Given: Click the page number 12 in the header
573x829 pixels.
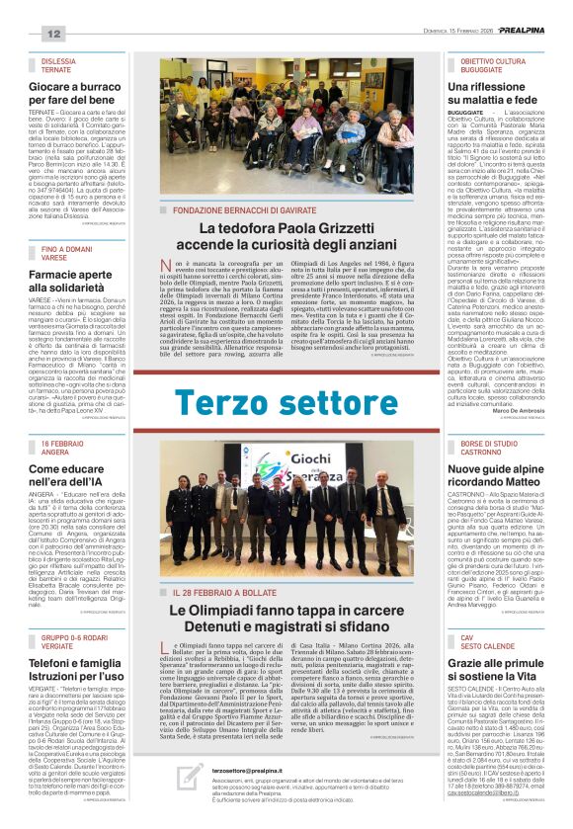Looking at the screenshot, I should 53,35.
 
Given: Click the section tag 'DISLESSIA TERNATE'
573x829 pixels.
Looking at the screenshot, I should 64,65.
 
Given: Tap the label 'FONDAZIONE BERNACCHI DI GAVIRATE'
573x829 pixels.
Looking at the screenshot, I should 238,210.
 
